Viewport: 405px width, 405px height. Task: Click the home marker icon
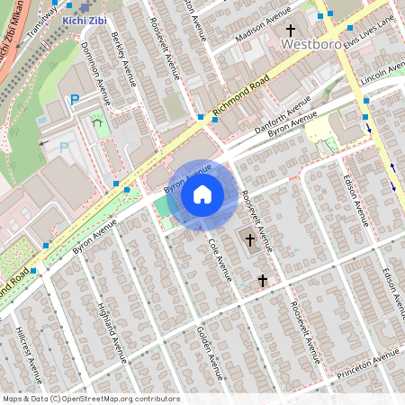click(x=202, y=194)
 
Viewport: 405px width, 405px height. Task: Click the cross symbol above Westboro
click(x=291, y=30)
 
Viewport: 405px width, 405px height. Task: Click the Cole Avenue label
click(x=219, y=260)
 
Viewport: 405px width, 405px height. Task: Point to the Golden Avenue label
click(x=209, y=353)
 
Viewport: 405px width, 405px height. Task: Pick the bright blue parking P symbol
click(x=76, y=101)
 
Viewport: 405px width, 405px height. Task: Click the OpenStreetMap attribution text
click(x=90, y=399)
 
